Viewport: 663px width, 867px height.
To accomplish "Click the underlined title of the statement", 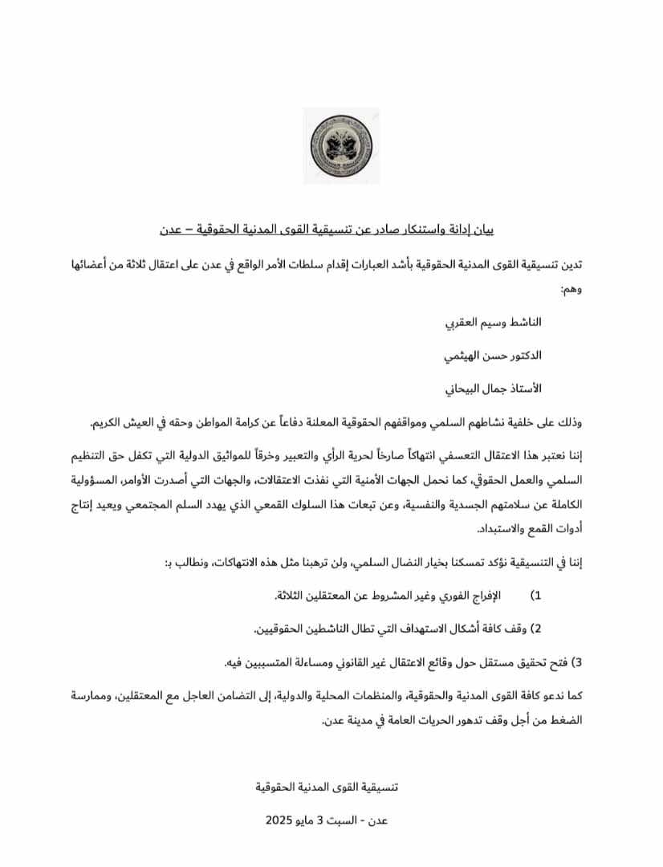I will (x=331, y=230).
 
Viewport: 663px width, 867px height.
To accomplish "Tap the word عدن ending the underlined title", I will (x=170, y=230).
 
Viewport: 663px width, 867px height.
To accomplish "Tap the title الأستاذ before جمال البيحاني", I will (x=522, y=389).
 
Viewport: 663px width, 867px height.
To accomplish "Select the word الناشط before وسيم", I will (x=523, y=321).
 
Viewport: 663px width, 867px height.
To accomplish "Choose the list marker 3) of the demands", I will (x=575, y=663).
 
